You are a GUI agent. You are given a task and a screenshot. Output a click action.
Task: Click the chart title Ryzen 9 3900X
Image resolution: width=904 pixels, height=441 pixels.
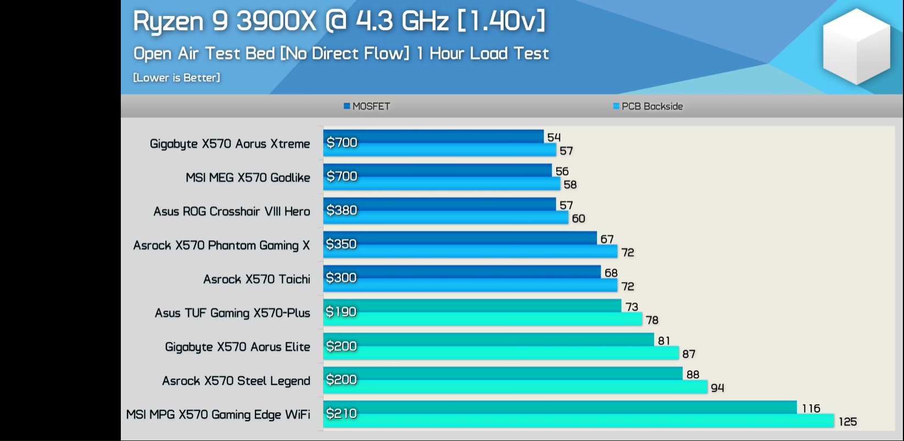point(339,22)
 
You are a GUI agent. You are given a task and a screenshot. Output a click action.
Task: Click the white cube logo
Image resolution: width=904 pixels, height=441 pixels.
point(856,47)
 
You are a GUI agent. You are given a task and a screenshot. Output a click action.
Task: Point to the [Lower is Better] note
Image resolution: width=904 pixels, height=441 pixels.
point(176,78)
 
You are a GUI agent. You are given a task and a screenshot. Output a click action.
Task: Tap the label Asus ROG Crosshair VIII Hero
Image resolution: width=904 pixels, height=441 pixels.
point(231,212)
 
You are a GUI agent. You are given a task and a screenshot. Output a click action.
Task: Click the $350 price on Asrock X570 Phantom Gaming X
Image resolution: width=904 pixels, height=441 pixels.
point(341,244)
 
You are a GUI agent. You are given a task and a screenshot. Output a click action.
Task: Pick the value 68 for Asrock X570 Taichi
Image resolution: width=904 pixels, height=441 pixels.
point(611,273)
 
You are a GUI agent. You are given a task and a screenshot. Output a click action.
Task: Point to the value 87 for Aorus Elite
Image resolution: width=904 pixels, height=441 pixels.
point(689,354)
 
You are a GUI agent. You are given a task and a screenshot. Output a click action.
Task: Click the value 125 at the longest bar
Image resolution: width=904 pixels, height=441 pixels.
point(847,422)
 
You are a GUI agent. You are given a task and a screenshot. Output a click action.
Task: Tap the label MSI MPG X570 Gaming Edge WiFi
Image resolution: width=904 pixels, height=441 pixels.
point(218,415)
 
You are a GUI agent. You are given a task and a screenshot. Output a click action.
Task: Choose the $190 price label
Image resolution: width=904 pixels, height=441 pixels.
point(341,312)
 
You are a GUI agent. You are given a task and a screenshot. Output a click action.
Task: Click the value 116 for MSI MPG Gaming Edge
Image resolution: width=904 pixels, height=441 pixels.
point(811,409)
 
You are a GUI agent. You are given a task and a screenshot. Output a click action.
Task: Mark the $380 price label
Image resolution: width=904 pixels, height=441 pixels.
point(342,210)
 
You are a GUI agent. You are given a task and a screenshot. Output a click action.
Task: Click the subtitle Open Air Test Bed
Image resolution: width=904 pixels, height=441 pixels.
point(341,53)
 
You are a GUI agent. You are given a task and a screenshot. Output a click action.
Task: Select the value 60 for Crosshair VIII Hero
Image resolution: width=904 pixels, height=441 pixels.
point(578,219)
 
